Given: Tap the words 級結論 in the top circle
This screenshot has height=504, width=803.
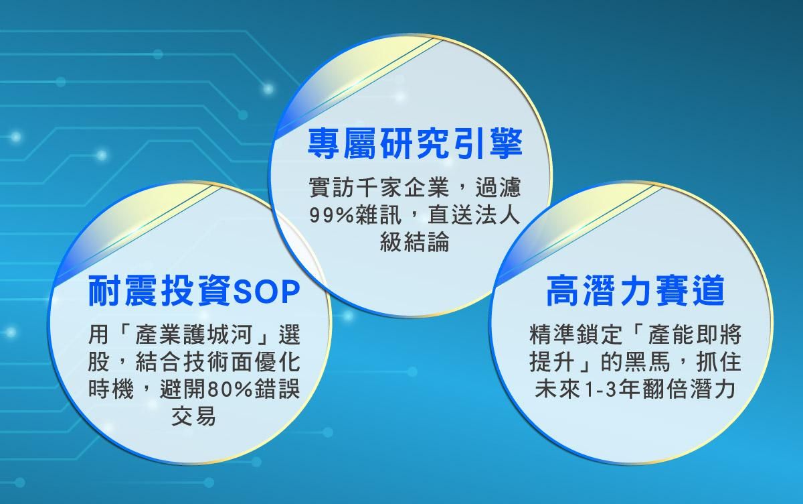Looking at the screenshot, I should (414, 241).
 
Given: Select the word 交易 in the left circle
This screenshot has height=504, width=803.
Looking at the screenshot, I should (194, 416).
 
